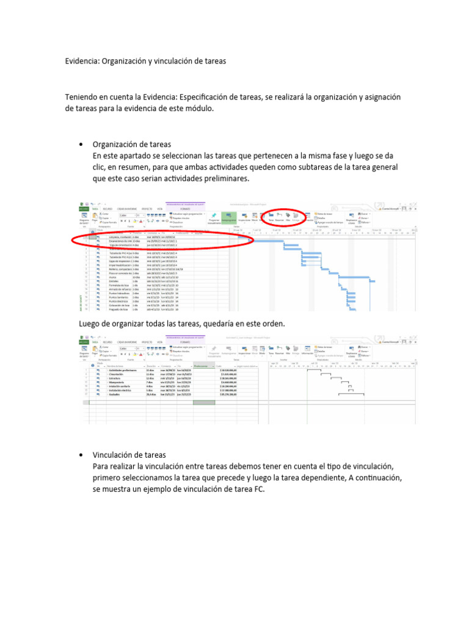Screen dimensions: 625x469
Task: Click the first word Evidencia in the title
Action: [81, 61]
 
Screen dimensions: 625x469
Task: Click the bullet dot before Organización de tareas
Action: [81, 145]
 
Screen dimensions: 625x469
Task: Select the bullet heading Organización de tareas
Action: [132, 145]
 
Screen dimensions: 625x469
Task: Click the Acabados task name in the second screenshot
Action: [116, 394]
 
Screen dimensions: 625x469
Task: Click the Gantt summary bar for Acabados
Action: [351, 394]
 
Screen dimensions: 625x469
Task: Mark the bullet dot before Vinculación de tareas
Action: [81, 455]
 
